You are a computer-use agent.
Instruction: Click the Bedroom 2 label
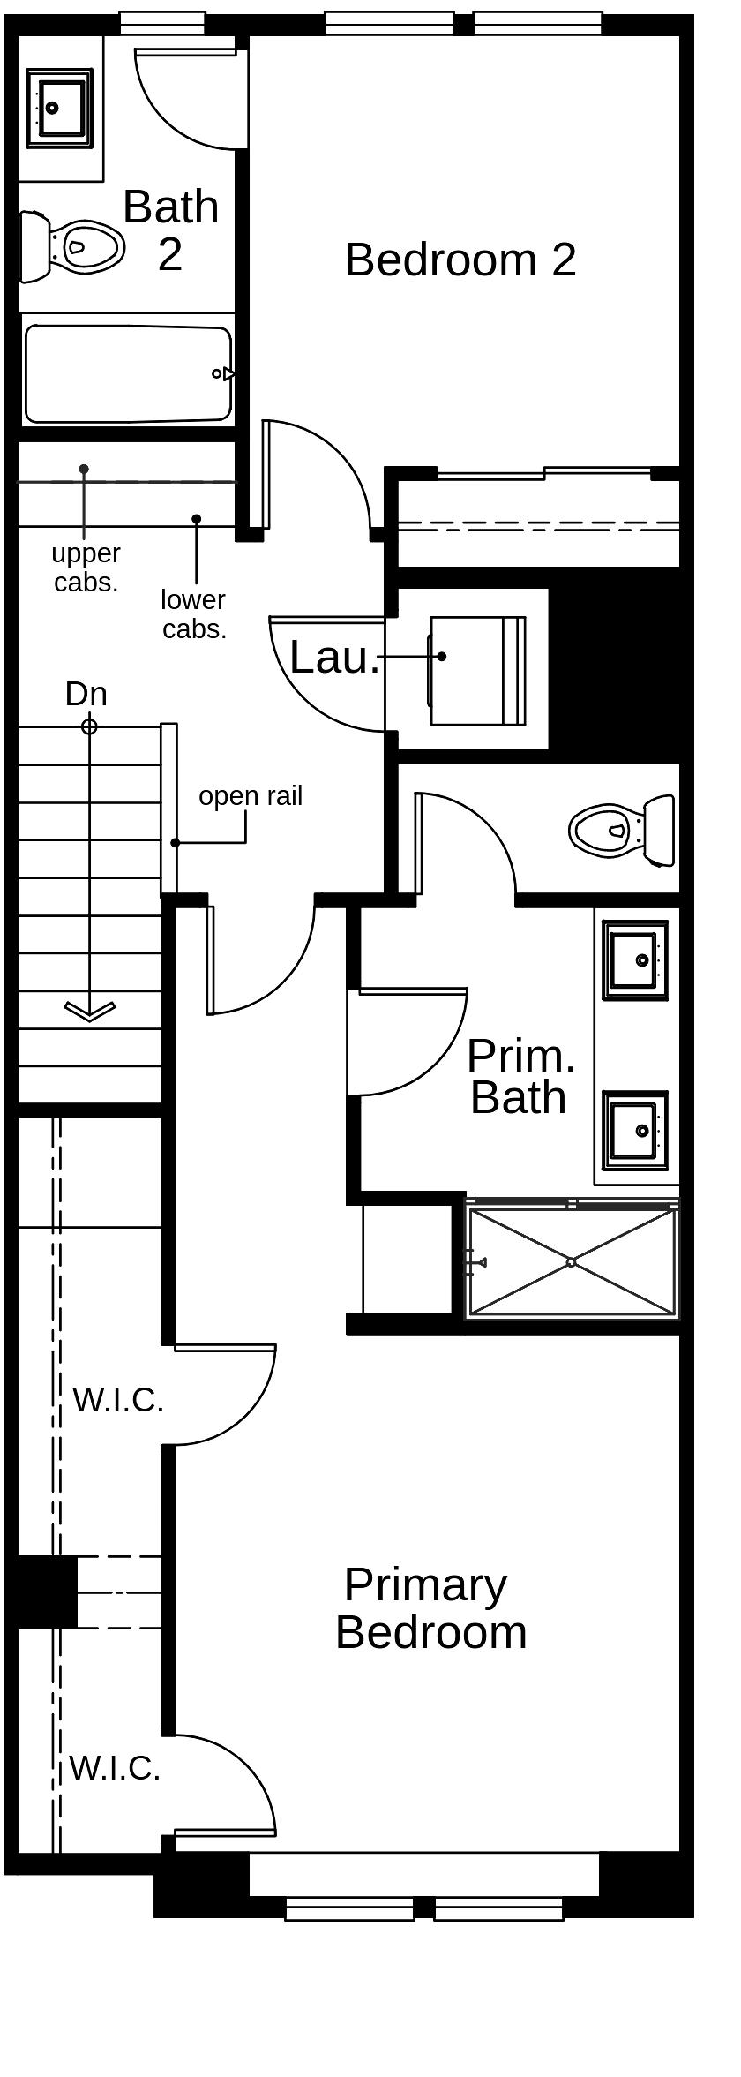pos(460,260)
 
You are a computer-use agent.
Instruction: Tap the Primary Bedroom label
pos(430,1608)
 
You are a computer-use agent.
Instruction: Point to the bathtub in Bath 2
pos(128,374)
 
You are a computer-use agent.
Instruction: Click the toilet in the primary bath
pos(622,830)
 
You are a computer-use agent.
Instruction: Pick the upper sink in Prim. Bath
pos(634,959)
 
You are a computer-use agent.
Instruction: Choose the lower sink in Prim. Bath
pos(634,1130)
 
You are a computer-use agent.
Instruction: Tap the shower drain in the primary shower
pos(571,1262)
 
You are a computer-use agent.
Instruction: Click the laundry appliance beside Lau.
pos(476,671)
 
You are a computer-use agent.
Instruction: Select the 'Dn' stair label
pos(86,694)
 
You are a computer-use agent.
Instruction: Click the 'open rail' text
pos(251,796)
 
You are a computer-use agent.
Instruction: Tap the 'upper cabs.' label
pos(86,568)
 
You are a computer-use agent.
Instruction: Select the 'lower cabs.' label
pos(193,614)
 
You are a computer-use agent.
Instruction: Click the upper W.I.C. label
pos(118,1400)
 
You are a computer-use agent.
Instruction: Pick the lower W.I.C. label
pos(115,1768)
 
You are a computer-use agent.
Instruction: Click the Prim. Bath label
pos(520,1076)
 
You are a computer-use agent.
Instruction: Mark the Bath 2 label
pos(170,230)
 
